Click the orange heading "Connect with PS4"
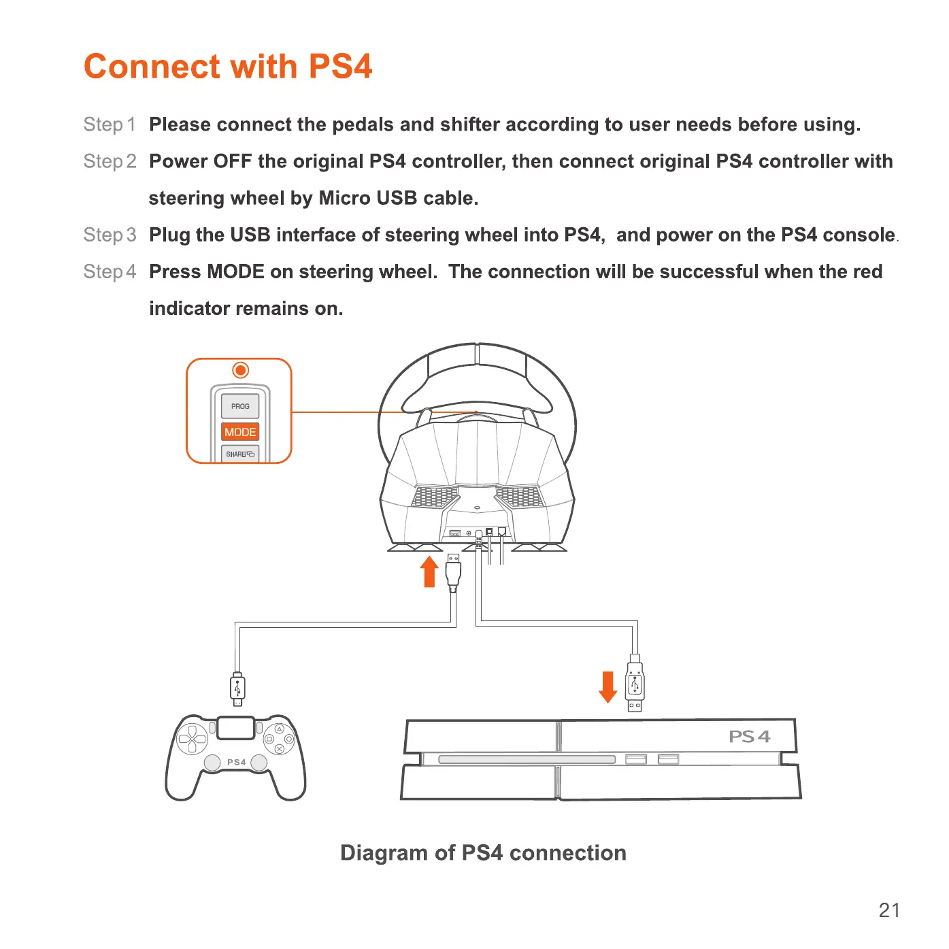click(x=228, y=67)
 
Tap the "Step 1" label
click(x=110, y=124)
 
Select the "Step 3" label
click(x=110, y=235)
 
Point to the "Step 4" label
click(x=110, y=271)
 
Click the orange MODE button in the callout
click(x=240, y=432)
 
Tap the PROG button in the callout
click(x=240, y=406)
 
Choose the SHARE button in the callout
click(x=240, y=454)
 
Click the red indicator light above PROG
click(x=240, y=370)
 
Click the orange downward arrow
click(x=607, y=686)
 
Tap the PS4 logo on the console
click(x=749, y=737)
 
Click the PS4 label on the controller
click(x=236, y=763)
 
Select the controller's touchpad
click(x=236, y=728)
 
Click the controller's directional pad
click(x=192, y=739)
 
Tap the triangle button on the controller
click(x=279, y=729)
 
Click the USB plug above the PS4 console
click(x=635, y=684)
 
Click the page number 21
click(x=889, y=910)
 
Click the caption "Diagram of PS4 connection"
click(x=483, y=853)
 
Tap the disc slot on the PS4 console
click(x=527, y=759)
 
